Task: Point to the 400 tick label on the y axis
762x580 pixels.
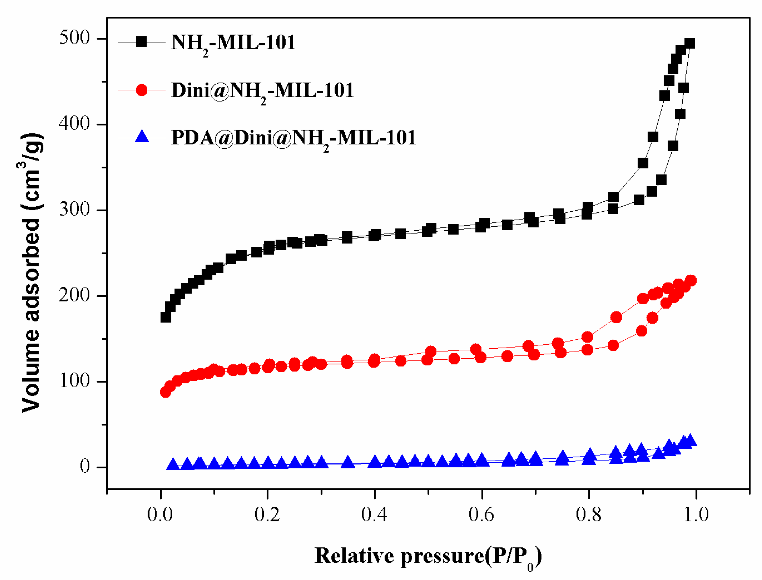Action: (74, 123)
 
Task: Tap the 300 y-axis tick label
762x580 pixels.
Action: (74, 209)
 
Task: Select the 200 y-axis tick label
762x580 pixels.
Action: (74, 295)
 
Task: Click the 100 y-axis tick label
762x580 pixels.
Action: (74, 381)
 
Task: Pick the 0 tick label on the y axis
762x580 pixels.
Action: (85, 466)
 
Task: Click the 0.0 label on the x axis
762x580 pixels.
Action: (160, 514)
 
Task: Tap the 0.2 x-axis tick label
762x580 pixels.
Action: (267, 514)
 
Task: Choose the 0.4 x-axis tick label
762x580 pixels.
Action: (374, 514)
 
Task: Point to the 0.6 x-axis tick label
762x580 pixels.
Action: (481, 514)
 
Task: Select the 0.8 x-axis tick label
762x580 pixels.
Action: (588, 514)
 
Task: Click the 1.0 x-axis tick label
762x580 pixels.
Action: (696, 514)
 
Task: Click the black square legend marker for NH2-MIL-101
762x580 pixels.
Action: (141, 42)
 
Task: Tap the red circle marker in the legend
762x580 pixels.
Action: (141, 90)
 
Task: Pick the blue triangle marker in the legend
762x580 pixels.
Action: (141, 137)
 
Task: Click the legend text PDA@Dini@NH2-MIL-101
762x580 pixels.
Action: (293, 138)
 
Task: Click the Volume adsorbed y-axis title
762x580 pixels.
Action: (32, 273)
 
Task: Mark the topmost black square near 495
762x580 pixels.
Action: (689, 43)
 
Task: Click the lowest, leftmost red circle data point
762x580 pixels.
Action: (166, 392)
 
